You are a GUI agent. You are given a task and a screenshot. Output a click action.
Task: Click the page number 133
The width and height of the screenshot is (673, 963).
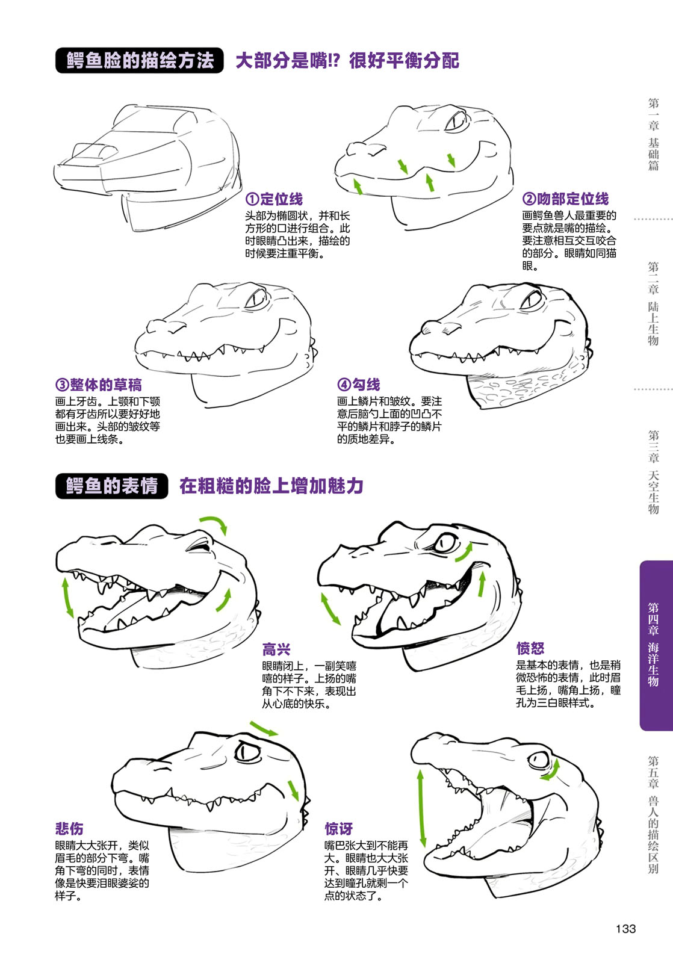625,929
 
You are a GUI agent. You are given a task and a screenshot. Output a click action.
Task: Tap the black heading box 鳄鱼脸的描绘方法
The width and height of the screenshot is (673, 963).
139,60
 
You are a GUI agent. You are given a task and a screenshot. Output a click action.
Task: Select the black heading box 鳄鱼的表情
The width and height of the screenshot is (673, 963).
112,486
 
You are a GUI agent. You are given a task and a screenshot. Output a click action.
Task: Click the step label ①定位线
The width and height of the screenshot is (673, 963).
274,199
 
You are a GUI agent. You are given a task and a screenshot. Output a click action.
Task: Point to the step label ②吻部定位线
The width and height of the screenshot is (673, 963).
565,199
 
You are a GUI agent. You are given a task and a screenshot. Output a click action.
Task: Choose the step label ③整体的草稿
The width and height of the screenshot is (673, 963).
99,385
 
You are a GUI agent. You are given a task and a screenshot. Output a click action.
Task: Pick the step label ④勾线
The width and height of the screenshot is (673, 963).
359,385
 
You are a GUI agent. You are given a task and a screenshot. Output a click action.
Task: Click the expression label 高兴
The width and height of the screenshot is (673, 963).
276,649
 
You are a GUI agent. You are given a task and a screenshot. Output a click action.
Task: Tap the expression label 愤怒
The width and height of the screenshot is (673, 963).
530,648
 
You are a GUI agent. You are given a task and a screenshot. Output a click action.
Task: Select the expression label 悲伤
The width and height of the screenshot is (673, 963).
69,828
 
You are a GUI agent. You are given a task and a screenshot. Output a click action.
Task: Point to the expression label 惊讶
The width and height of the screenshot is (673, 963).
338,828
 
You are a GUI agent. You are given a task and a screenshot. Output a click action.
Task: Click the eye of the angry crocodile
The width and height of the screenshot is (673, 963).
445,542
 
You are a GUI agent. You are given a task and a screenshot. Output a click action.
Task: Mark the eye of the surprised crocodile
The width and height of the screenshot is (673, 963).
538,759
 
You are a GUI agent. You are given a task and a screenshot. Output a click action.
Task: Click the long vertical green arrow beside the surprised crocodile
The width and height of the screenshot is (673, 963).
421,808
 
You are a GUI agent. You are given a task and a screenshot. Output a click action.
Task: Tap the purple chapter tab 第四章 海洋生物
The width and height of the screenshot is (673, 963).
656,645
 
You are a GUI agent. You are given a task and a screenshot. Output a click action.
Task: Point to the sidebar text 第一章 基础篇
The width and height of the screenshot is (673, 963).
654,135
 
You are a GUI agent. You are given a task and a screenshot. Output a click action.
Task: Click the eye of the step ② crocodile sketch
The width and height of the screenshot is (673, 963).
456,122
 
